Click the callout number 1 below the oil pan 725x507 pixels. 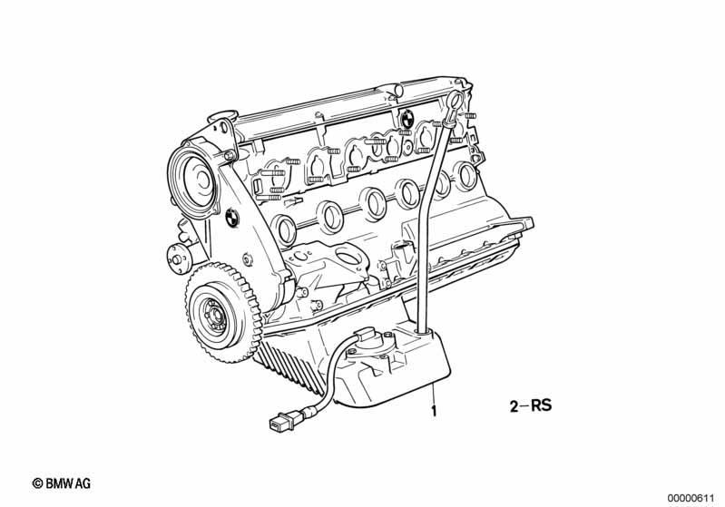(434, 410)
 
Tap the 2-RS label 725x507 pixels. (530, 405)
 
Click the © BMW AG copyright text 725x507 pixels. (62, 483)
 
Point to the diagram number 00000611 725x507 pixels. (691, 498)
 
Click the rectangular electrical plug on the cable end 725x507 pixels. (280, 422)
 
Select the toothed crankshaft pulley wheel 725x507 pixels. (223, 314)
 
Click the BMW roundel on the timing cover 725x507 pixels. (232, 217)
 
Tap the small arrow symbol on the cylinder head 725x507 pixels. (294, 201)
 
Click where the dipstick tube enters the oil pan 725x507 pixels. (422, 330)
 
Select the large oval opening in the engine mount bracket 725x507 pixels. (350, 256)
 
